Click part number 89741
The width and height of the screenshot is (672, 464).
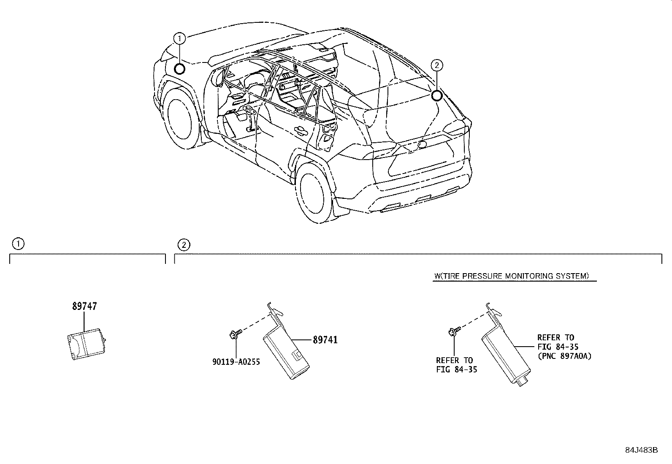(x=325, y=340)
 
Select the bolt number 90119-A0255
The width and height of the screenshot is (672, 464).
(x=236, y=362)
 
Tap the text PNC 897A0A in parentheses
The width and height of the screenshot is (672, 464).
(x=564, y=356)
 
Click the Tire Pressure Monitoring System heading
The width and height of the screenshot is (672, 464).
(x=511, y=276)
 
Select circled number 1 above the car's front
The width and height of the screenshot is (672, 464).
(x=179, y=38)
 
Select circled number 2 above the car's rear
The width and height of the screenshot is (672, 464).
(x=437, y=65)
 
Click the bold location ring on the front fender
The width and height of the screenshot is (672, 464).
(x=179, y=68)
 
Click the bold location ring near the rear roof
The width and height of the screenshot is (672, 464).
(x=437, y=96)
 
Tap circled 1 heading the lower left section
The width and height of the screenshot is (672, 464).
(x=18, y=244)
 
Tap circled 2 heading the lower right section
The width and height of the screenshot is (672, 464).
(x=183, y=244)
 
